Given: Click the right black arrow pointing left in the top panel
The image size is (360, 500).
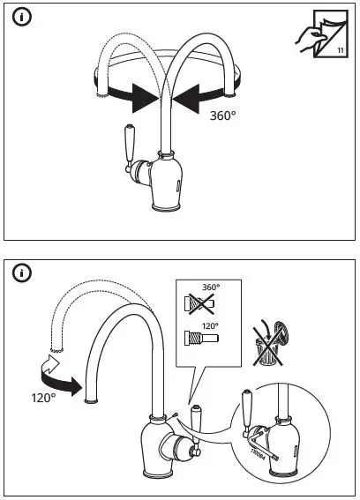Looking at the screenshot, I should (195, 100).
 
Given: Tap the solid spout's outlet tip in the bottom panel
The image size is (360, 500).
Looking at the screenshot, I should (90, 400).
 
